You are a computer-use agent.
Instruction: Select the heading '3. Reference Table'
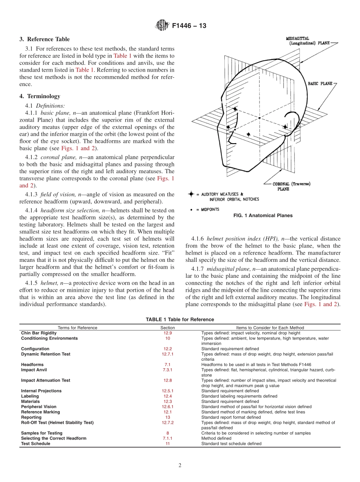click(x=44, y=39)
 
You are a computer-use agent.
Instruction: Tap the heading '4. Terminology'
click(x=39, y=96)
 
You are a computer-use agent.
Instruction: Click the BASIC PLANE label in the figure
click(x=321, y=83)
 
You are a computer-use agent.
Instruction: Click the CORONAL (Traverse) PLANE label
click(x=291, y=186)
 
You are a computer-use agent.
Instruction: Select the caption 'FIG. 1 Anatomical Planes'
click(x=263, y=215)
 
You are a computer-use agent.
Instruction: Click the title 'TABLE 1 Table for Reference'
click(x=180, y=319)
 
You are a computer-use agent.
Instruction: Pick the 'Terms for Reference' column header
click(x=77, y=328)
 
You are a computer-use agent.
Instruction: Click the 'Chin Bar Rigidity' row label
click(x=39, y=333)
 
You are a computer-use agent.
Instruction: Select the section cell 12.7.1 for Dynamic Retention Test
click(x=167, y=354)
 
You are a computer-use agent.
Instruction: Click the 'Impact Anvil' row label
click(x=34, y=370)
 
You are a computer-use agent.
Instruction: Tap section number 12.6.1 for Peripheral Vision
click(x=167, y=407)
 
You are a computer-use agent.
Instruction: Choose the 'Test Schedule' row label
click(x=36, y=444)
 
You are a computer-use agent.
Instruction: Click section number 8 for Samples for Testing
click(x=167, y=433)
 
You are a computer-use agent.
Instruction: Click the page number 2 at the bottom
click(x=180, y=466)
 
